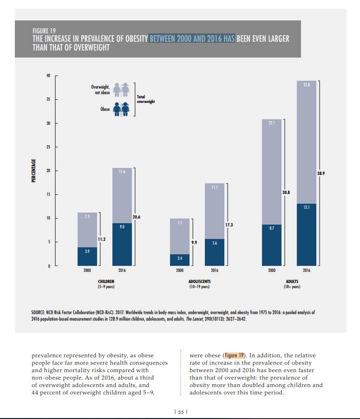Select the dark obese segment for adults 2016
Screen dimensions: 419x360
pos(307,234)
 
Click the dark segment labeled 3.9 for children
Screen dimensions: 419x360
pos(87,256)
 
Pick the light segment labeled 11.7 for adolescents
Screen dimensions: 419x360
pos(215,211)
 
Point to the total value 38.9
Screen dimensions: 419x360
pos(321,173)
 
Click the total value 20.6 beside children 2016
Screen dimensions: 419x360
pos(137,217)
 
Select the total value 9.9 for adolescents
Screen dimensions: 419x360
pos(194,242)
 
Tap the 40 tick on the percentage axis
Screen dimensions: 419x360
pos(47,76)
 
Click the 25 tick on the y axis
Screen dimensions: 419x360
pos(47,147)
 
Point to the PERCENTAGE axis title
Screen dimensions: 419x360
pos(33,170)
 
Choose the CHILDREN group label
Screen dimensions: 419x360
pos(106,281)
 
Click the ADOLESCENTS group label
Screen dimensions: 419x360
pos(199,281)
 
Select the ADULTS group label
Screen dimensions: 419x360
pos(292,281)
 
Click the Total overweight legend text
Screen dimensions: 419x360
pos(145,99)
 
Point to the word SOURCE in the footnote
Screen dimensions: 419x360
pos(38,312)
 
